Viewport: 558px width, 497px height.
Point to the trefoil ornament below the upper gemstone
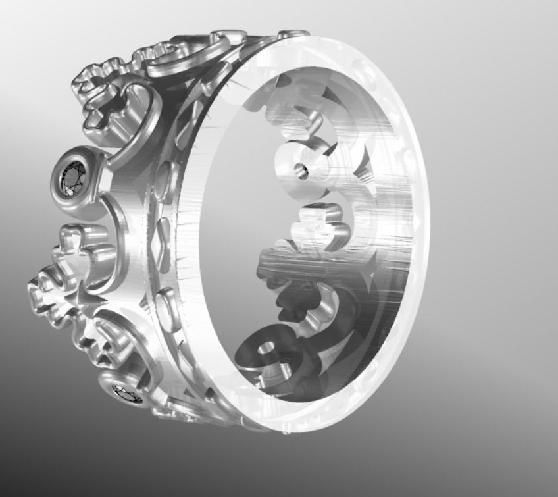[82, 244]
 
